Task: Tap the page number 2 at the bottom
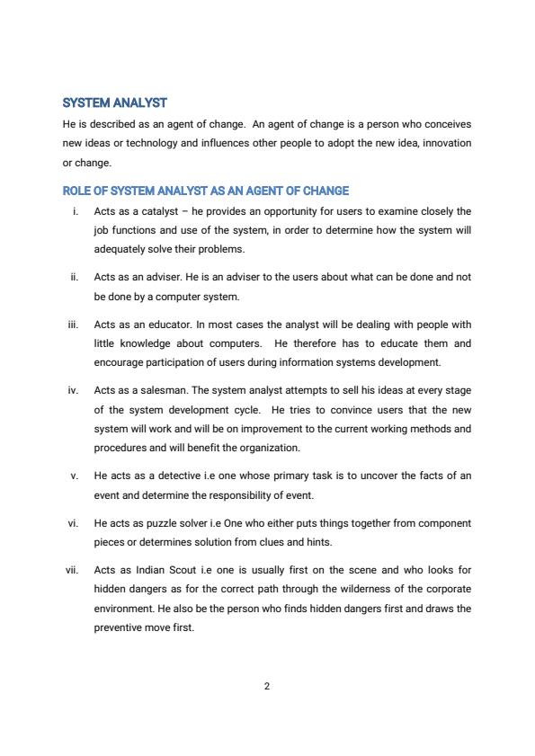click(x=267, y=686)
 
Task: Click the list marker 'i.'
click(x=75, y=211)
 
